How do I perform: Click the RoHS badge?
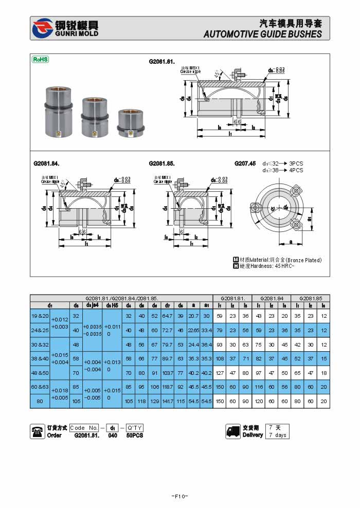coord(41,60)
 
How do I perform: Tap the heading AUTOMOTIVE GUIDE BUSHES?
coord(263,34)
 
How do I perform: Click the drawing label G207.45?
coord(245,164)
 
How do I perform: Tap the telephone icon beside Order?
coord(38,431)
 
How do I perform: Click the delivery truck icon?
coord(233,431)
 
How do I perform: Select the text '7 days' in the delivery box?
coord(277,435)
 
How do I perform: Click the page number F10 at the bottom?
coord(179,496)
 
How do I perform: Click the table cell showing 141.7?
coord(168,401)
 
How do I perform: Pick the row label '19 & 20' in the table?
coord(40,315)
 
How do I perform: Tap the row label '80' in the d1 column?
coord(40,401)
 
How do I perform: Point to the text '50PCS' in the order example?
coord(135,436)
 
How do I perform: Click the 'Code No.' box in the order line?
coord(84,428)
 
